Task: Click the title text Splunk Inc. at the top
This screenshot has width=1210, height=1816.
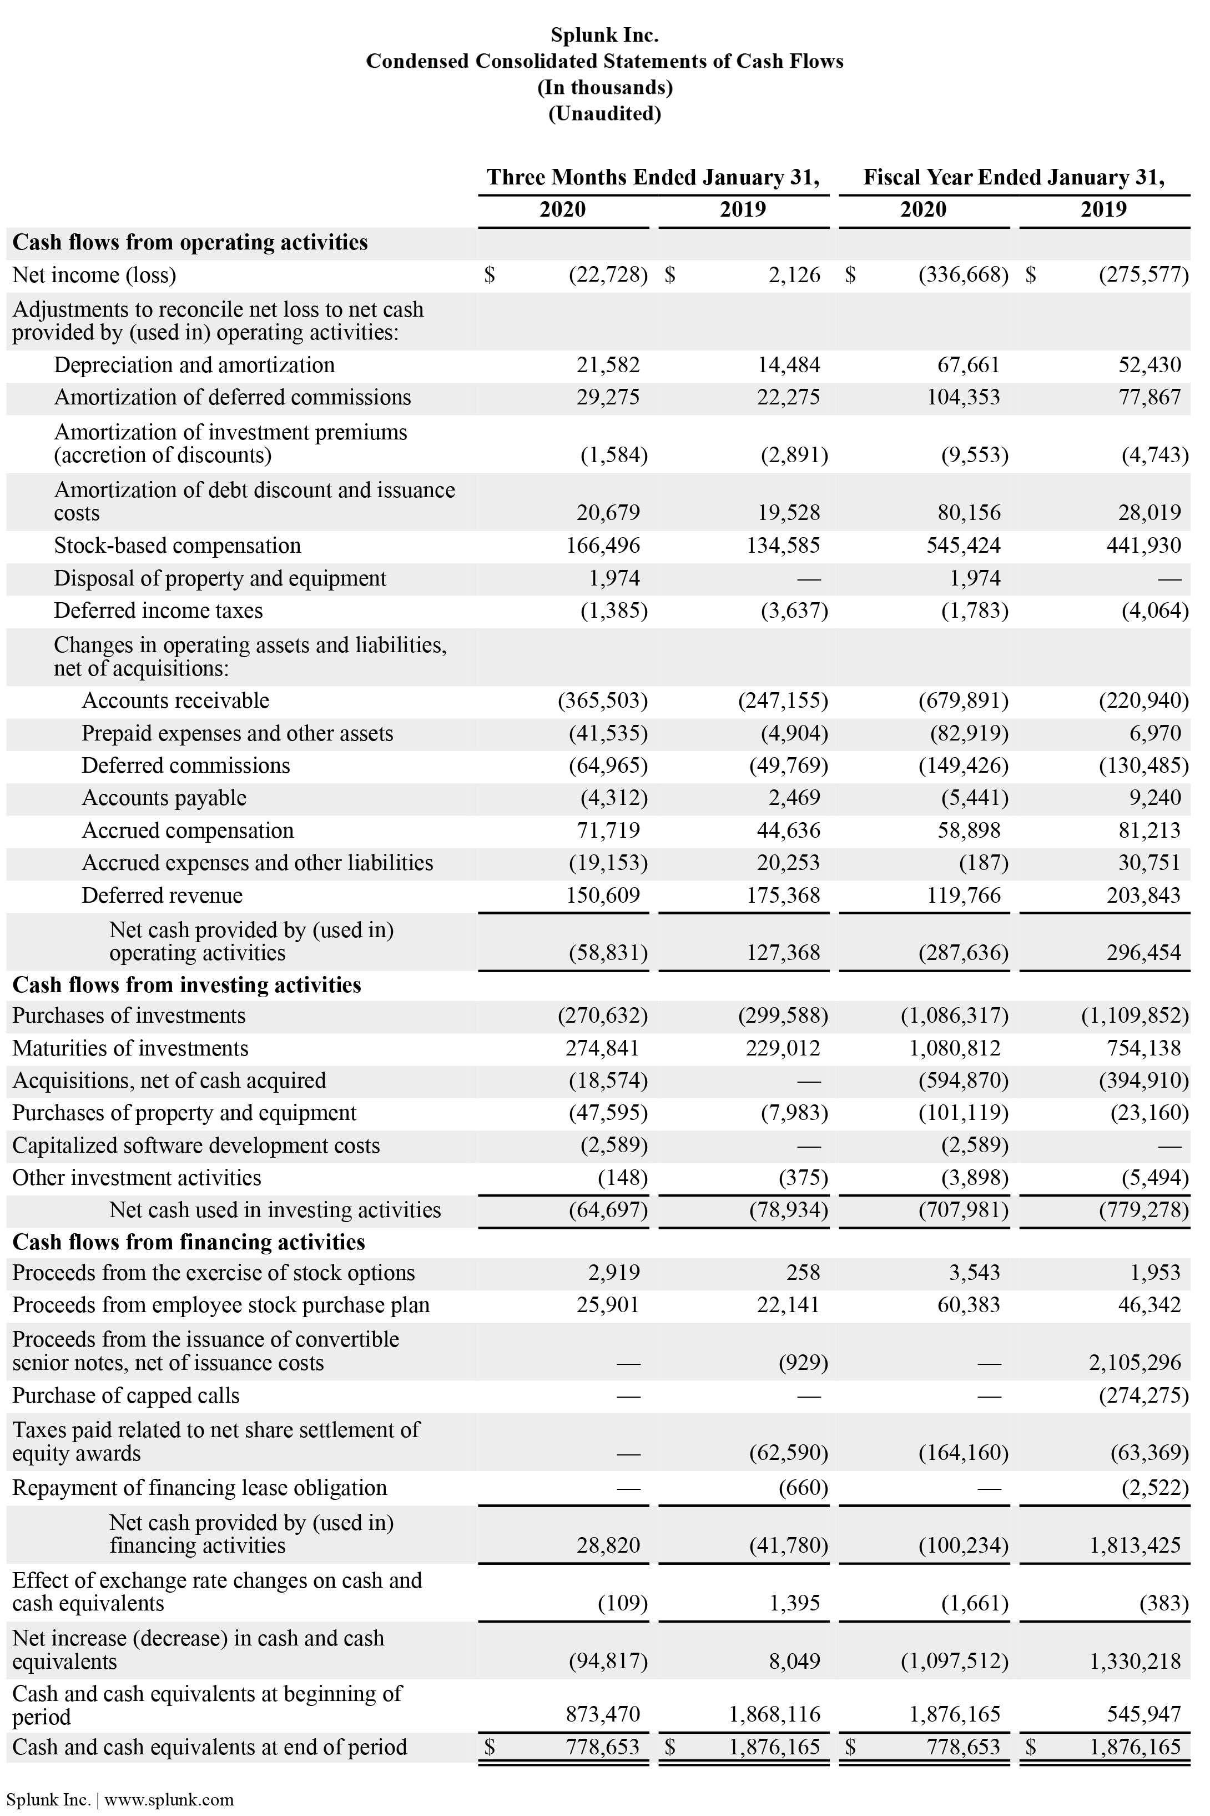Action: point(604,35)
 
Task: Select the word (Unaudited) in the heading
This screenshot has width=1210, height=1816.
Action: point(604,113)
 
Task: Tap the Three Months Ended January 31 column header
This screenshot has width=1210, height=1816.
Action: point(653,178)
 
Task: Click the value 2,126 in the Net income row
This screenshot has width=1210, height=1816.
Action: point(794,275)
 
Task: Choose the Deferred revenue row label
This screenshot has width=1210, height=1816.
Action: point(162,896)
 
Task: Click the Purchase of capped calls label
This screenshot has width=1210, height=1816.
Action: point(126,1396)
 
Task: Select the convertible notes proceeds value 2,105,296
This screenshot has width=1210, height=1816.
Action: point(1135,1363)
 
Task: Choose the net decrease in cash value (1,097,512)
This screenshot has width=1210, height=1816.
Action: point(955,1661)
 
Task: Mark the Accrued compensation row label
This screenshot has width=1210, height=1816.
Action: point(188,831)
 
